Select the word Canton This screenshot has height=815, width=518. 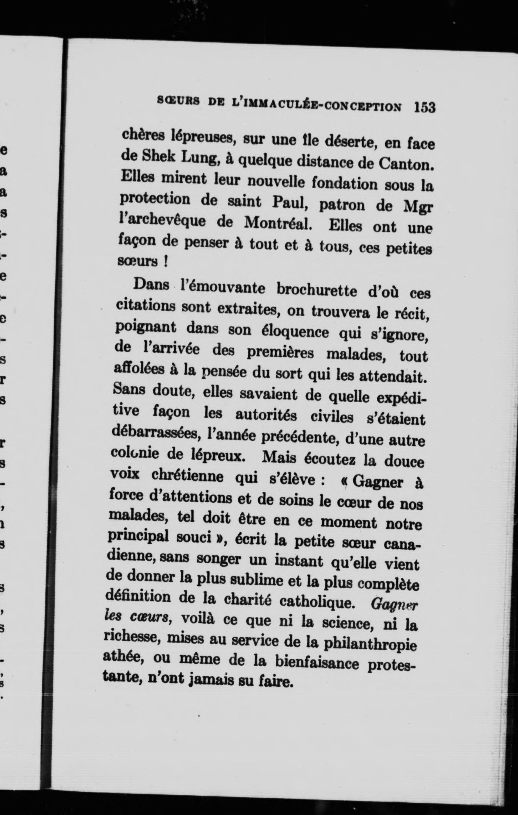pos(406,165)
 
